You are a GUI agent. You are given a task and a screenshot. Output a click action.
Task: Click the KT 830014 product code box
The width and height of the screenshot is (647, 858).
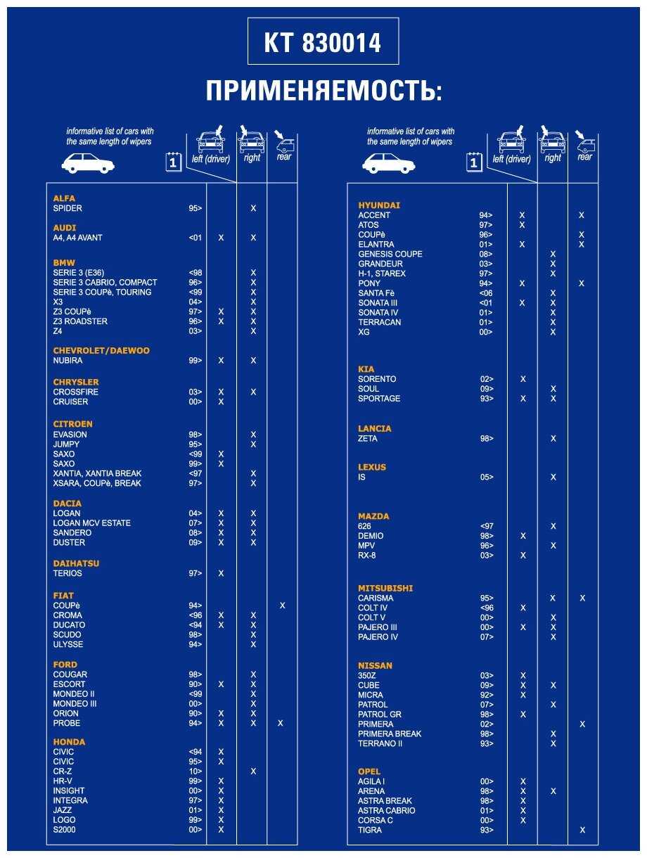click(x=323, y=41)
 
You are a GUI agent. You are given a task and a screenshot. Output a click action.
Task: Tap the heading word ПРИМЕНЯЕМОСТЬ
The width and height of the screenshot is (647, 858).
click(x=324, y=91)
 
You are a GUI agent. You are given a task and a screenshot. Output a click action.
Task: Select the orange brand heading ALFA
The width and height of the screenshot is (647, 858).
click(x=64, y=198)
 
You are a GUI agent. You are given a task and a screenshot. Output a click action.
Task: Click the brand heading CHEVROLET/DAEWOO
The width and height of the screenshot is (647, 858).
click(x=101, y=350)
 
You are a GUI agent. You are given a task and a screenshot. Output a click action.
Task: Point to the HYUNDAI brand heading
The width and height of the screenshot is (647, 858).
click(x=379, y=205)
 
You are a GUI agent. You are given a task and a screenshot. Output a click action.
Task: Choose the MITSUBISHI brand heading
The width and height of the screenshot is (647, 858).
click(x=385, y=588)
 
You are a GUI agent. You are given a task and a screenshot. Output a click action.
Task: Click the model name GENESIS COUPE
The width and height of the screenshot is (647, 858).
click(x=390, y=254)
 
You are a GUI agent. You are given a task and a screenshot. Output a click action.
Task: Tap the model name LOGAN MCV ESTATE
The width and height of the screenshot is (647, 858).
click(x=92, y=523)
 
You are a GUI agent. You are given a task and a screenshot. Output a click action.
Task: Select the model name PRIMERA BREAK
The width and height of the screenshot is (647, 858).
click(x=390, y=734)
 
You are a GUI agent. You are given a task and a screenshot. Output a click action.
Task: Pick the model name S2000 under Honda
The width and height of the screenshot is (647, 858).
click(x=64, y=829)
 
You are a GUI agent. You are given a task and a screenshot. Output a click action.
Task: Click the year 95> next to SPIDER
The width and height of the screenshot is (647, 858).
click(x=195, y=208)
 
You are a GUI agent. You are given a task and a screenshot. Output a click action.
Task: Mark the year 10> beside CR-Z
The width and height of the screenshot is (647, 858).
click(x=195, y=771)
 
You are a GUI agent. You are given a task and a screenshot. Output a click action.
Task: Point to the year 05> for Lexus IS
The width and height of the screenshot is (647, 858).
click(x=487, y=477)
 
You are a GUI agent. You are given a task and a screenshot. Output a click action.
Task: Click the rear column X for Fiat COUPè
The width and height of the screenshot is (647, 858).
click(x=282, y=605)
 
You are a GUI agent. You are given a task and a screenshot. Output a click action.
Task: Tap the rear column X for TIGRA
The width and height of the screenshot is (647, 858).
click(x=582, y=830)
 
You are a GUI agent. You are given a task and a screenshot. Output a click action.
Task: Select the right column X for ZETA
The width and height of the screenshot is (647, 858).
click(x=553, y=438)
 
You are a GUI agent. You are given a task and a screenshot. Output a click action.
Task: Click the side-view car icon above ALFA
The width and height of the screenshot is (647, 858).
click(x=88, y=163)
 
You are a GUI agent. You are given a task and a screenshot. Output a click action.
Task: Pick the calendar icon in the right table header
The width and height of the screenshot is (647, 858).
click(x=474, y=162)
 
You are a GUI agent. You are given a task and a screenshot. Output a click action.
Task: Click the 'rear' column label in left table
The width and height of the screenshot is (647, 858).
click(x=283, y=157)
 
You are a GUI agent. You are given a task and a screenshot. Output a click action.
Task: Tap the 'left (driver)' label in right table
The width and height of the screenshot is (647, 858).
click(x=511, y=159)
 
